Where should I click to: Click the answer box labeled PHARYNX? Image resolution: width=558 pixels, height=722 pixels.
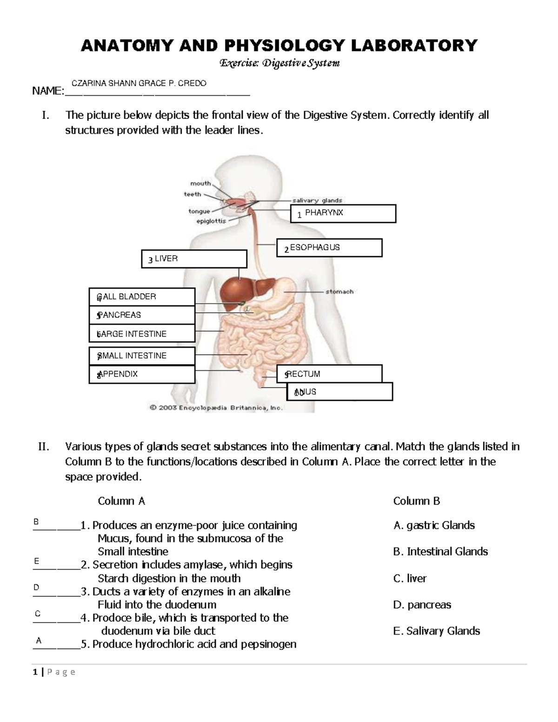pos(343,213)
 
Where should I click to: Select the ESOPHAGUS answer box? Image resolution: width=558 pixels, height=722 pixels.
pos(329,248)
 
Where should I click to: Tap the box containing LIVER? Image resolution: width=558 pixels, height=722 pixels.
pos(194,259)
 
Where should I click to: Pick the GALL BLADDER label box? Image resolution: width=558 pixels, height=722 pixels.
pos(142,297)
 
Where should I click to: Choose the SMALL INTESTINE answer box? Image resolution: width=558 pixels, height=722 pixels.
pos(142,356)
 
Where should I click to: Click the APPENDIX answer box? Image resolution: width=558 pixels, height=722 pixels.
pos(142,374)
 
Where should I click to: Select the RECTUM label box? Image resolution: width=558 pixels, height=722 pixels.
pos(329,374)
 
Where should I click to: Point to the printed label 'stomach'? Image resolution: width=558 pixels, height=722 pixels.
pos(339,292)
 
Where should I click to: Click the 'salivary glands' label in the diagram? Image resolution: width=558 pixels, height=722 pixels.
pos(317,200)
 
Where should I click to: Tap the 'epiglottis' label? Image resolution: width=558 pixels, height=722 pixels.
pos(211,221)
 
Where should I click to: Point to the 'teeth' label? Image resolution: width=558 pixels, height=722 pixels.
pos(193,194)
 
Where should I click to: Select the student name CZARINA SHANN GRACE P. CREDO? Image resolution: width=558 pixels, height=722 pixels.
pos(139,84)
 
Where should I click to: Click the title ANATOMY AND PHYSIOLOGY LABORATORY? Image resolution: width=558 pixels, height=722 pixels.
pos(279,46)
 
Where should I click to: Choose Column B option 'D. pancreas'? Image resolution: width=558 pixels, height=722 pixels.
pos(422,605)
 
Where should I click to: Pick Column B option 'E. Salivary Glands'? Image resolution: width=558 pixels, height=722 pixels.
pos(436,631)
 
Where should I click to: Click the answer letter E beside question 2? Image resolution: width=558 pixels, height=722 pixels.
pos(37,562)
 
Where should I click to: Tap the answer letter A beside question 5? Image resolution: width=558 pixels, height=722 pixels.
pos(39,641)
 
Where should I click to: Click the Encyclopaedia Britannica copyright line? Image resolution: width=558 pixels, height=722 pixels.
pos(216,408)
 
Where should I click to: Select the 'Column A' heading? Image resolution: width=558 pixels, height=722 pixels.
pos(121,501)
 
